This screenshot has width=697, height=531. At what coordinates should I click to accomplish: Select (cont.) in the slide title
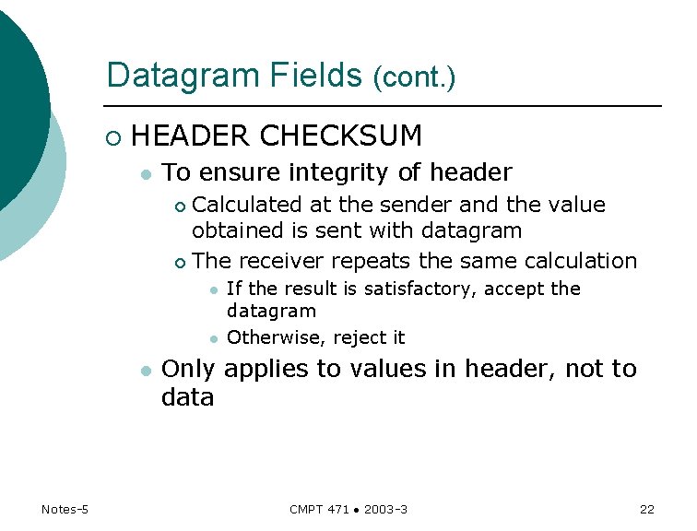tap(414, 77)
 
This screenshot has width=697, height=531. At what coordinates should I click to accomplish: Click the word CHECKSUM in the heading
tap(340, 136)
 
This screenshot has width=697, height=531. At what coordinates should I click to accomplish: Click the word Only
tap(188, 369)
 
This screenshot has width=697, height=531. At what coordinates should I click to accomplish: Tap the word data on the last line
tap(187, 397)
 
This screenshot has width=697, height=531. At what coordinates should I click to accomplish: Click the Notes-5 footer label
tap(65, 510)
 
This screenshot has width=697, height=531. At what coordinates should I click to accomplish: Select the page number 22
tap(646, 510)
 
